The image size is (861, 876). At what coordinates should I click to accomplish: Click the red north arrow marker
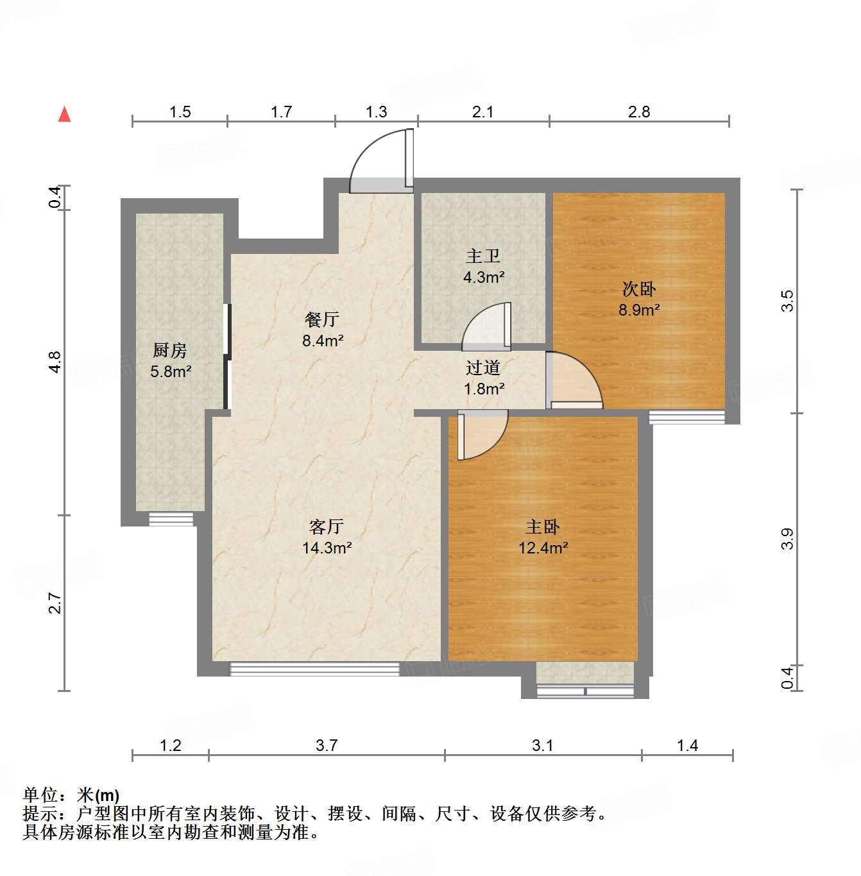64,114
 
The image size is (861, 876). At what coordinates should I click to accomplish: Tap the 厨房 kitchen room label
170,350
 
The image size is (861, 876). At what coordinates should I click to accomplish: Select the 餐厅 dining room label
322,319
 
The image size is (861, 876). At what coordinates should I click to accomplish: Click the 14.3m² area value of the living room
327,548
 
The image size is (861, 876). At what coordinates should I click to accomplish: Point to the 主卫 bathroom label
483,257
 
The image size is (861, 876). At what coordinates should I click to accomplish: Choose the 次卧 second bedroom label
639,289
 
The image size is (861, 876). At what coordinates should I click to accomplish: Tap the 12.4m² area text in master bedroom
543,548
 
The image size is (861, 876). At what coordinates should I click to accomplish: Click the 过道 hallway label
483,367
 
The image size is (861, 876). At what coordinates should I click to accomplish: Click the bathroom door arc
486,327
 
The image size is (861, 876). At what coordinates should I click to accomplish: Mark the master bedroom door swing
482,436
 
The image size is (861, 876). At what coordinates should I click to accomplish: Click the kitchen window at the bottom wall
171,519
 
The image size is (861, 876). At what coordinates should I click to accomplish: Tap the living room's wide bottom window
314,669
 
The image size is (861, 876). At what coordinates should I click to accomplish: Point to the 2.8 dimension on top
639,112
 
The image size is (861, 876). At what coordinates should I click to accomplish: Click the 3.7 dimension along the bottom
327,745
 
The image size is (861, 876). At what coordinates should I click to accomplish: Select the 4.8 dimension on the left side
55,362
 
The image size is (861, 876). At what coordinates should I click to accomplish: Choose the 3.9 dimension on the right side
787,539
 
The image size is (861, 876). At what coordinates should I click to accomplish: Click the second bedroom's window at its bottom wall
686,417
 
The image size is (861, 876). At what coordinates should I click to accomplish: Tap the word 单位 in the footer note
40,795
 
